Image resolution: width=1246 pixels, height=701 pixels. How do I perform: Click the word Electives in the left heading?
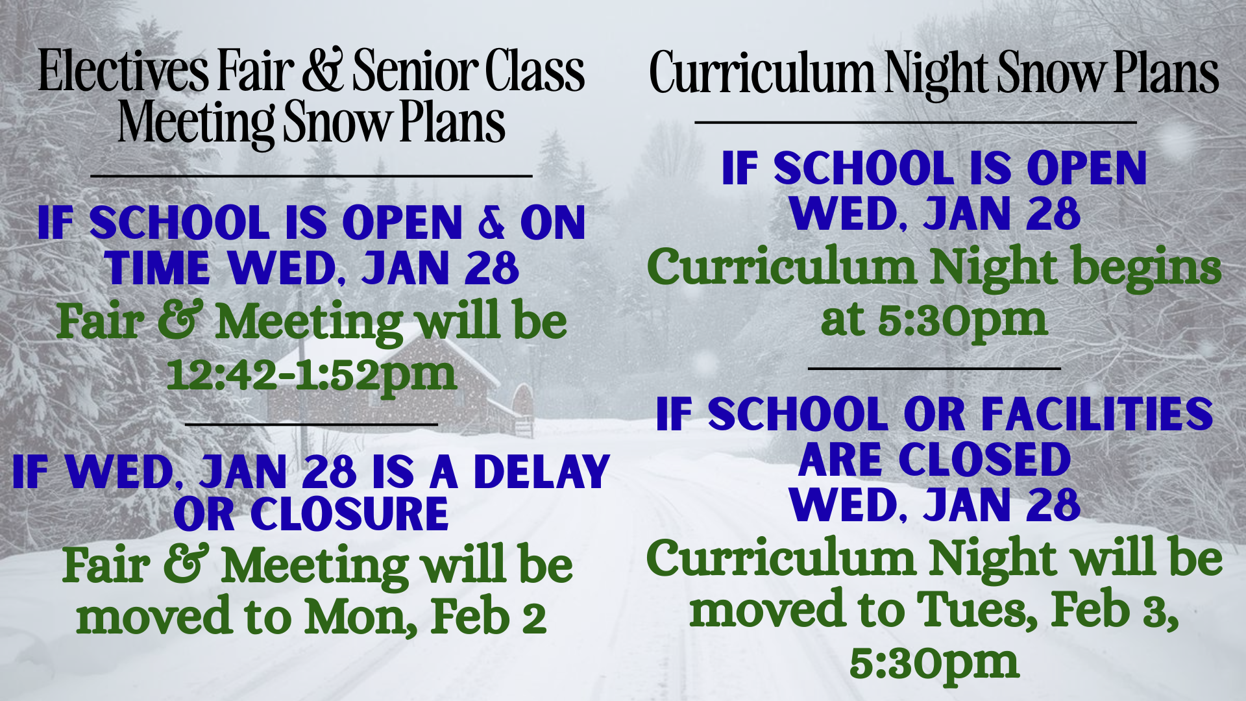[x=124, y=71]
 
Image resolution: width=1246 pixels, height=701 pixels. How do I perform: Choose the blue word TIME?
[x=157, y=268]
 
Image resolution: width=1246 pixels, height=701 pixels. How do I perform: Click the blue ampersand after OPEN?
[x=491, y=222]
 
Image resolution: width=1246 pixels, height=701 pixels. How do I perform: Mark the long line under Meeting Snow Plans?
[x=311, y=176]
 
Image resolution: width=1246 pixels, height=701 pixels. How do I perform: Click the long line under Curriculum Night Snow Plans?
[x=916, y=122]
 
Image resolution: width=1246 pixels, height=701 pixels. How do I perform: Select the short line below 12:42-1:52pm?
[x=311, y=424]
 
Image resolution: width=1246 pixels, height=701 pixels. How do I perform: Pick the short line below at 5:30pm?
[x=934, y=368]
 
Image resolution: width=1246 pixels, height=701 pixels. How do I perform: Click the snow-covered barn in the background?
[x=415, y=389]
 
